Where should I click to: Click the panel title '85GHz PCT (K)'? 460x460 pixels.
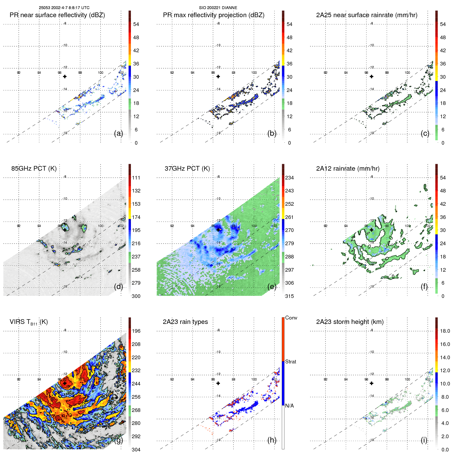[34, 169]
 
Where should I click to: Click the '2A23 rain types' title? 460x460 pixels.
[185, 322]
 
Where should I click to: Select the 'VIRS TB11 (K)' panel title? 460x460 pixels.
[29, 322]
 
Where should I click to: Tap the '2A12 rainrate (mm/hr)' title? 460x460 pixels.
[348, 169]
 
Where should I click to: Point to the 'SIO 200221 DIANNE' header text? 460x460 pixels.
[218, 8]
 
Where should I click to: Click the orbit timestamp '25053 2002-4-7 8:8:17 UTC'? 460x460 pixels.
[64, 8]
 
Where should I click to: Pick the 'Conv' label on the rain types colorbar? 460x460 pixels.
[291, 318]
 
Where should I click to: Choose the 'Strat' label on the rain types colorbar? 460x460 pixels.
[290, 362]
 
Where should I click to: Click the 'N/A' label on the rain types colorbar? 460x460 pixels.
[289, 406]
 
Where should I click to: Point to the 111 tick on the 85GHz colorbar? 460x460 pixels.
[136, 178]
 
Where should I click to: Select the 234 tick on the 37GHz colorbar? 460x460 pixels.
[289, 178]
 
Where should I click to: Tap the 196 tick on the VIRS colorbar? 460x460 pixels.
[136, 331]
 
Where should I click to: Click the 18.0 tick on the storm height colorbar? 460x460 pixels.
[445, 331]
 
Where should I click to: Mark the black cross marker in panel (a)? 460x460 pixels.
[65, 77]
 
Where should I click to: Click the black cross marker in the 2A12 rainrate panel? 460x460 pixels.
[371, 230]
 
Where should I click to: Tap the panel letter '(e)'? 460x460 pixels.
[272, 287]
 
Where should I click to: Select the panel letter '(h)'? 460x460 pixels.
[272, 440]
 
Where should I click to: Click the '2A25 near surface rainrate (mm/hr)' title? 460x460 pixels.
[366, 15]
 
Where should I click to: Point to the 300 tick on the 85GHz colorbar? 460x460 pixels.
[136, 296]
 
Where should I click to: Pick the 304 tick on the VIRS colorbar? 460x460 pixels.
[136, 450]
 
